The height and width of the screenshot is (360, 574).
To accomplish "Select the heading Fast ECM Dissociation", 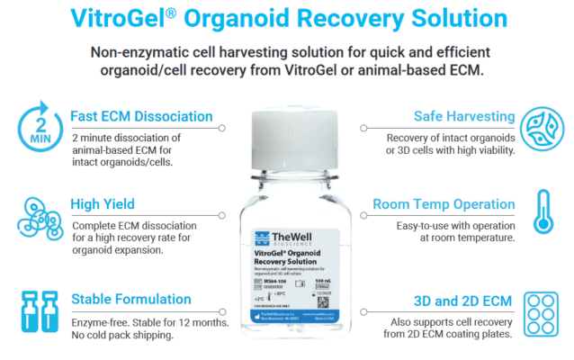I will point(141,117).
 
